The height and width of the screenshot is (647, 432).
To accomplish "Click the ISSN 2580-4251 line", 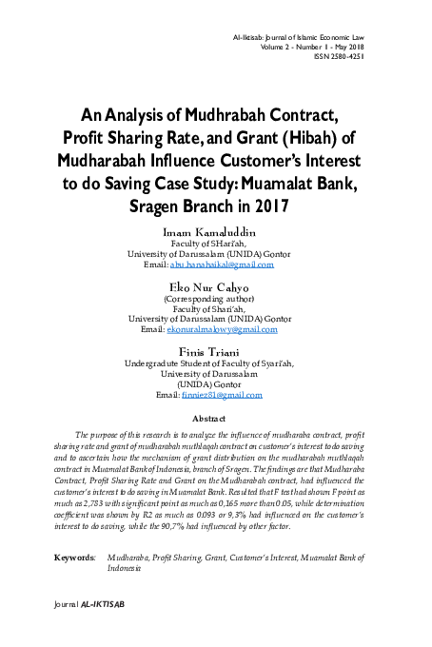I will click(337, 56).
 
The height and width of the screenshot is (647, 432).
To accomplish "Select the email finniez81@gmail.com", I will click(222, 394).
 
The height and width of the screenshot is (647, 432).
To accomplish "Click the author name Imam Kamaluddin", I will click(216, 231).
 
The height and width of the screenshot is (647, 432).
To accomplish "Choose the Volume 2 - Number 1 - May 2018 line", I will click(310, 46).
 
